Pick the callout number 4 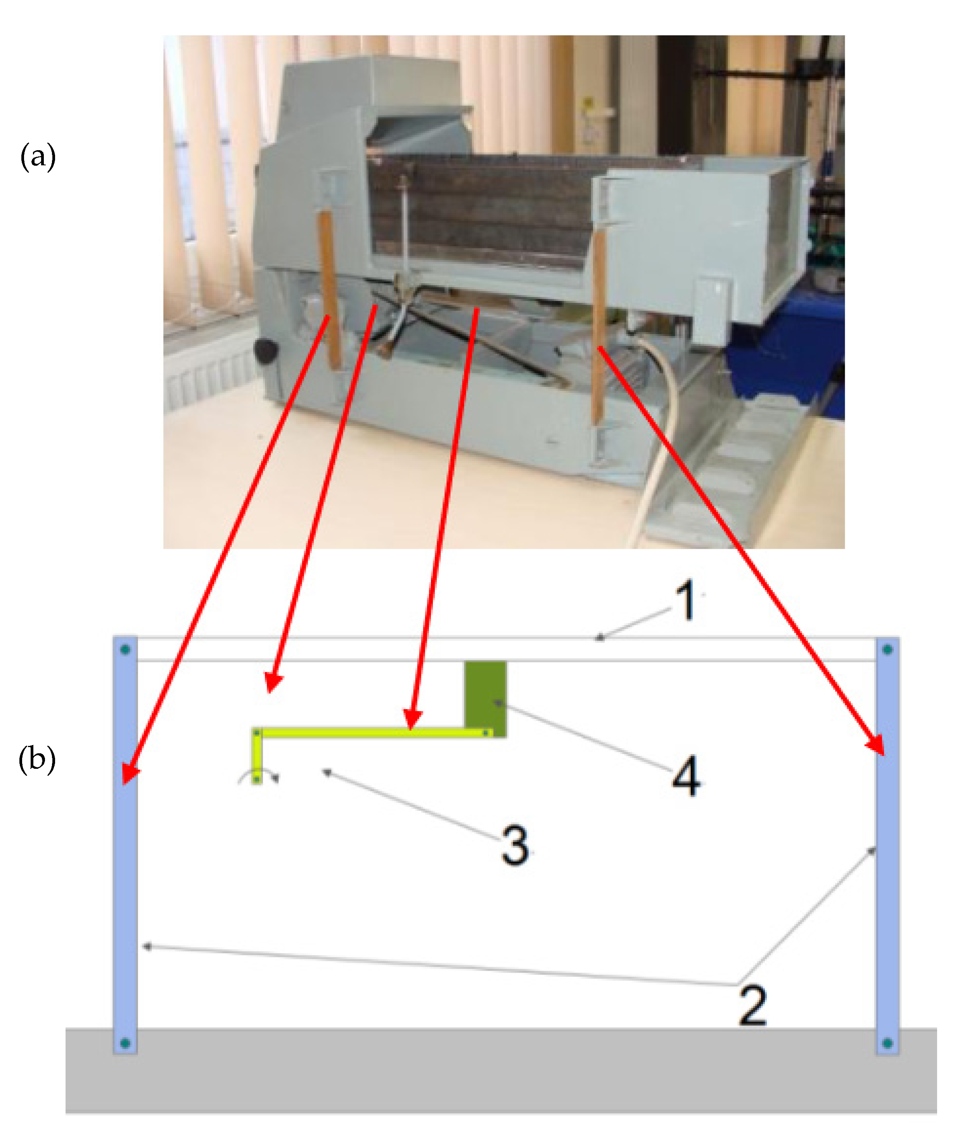pyautogui.click(x=686, y=777)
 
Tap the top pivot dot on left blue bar pyautogui.click(x=125, y=649)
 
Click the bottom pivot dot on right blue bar pyautogui.click(x=887, y=1043)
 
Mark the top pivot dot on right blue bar pyautogui.click(x=887, y=649)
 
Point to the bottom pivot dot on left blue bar pyautogui.click(x=125, y=1043)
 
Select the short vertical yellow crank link pyautogui.click(x=257, y=757)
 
